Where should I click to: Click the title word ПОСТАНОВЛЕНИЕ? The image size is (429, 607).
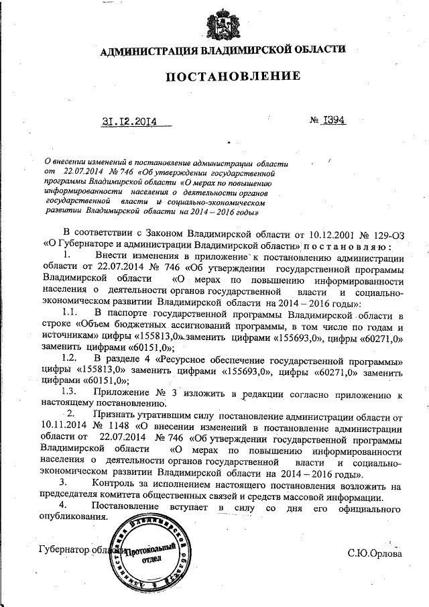(233, 76)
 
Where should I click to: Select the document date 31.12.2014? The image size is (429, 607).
(129, 122)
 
